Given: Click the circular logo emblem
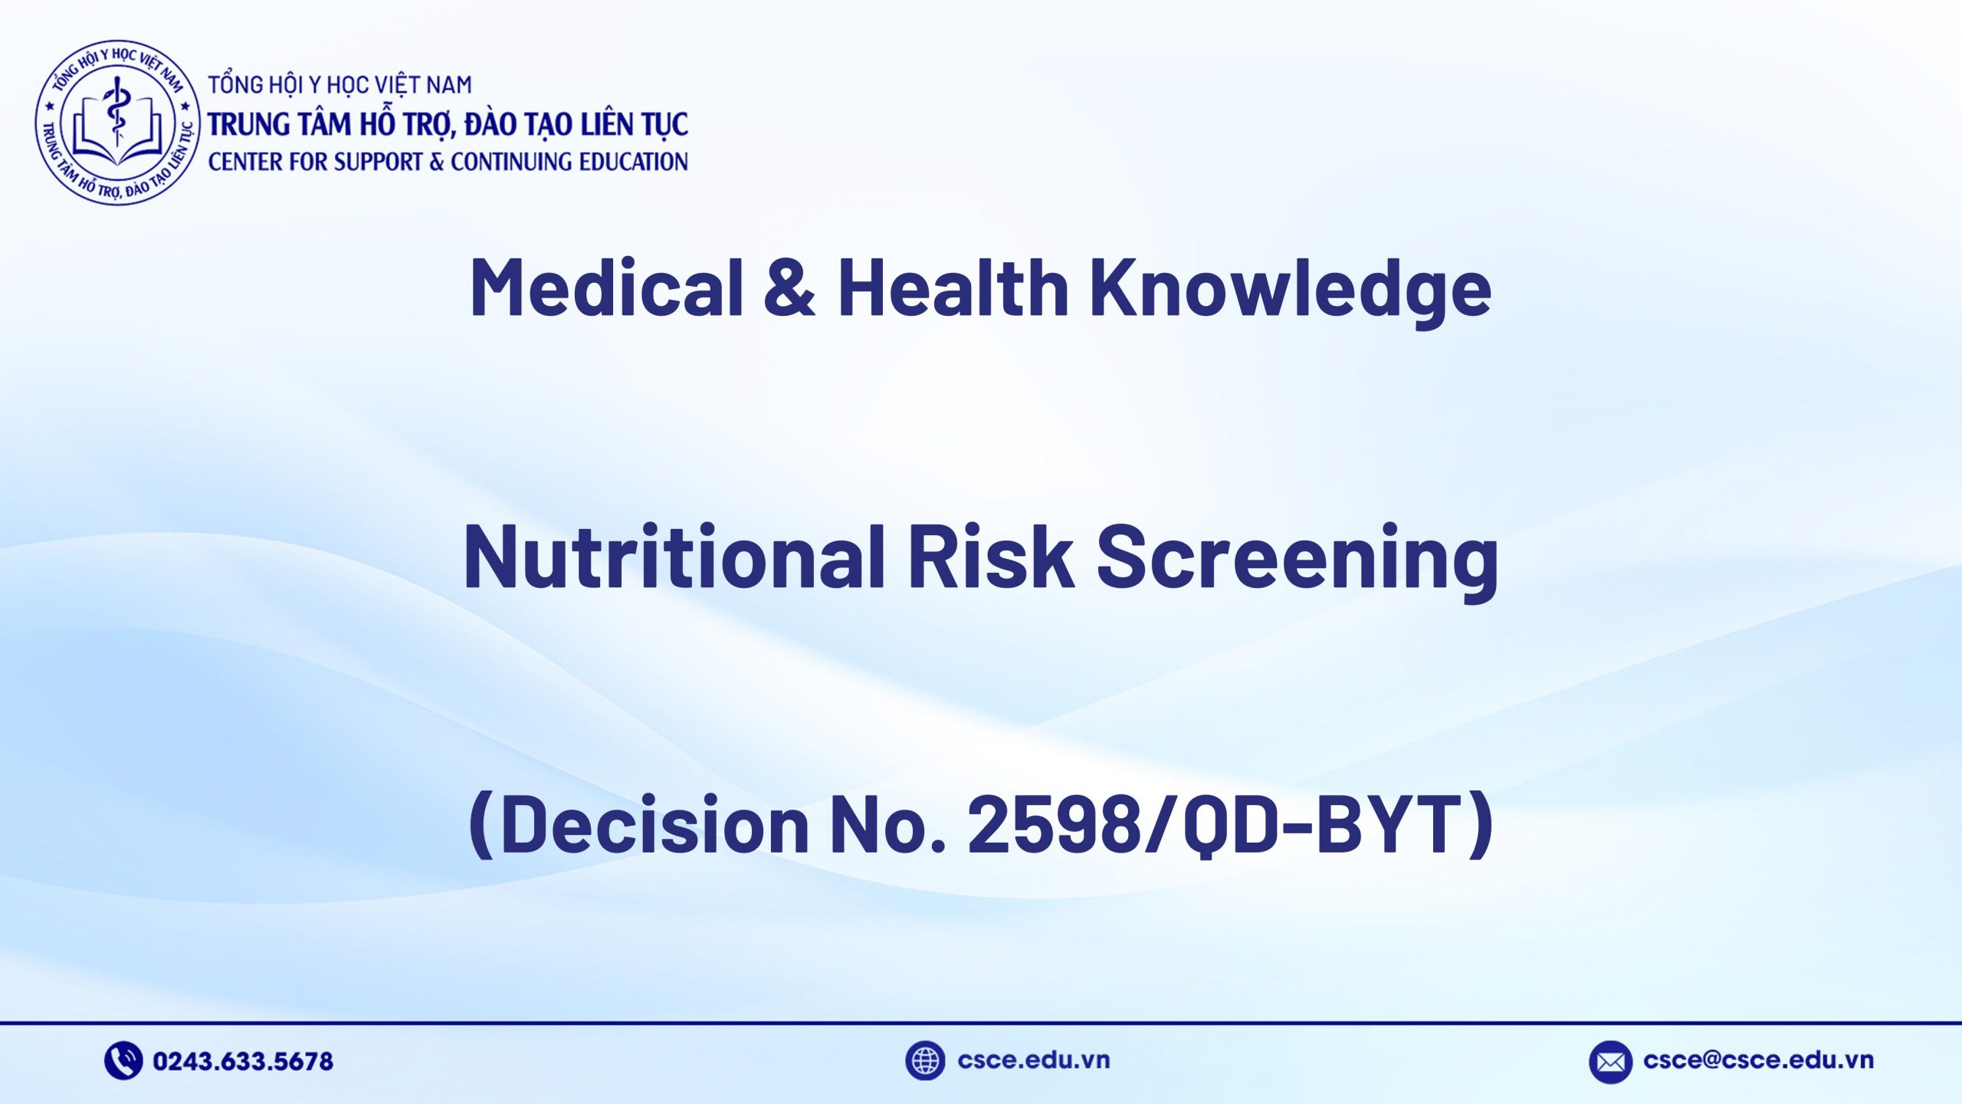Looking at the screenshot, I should (x=118, y=123).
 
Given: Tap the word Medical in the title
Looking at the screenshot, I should (x=606, y=287).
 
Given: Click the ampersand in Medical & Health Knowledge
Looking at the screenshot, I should (x=789, y=287).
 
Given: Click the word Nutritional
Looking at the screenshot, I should (x=674, y=557).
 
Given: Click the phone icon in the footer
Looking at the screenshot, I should (x=123, y=1060).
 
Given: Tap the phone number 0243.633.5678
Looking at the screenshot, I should (x=243, y=1061).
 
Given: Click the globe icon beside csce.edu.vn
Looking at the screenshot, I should (x=924, y=1060).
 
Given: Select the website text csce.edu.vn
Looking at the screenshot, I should (x=1033, y=1060).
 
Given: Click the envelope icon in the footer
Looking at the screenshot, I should (x=1610, y=1062).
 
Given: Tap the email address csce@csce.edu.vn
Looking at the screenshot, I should (x=1758, y=1060).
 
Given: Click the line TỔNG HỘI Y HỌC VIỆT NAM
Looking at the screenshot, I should (x=340, y=85).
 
